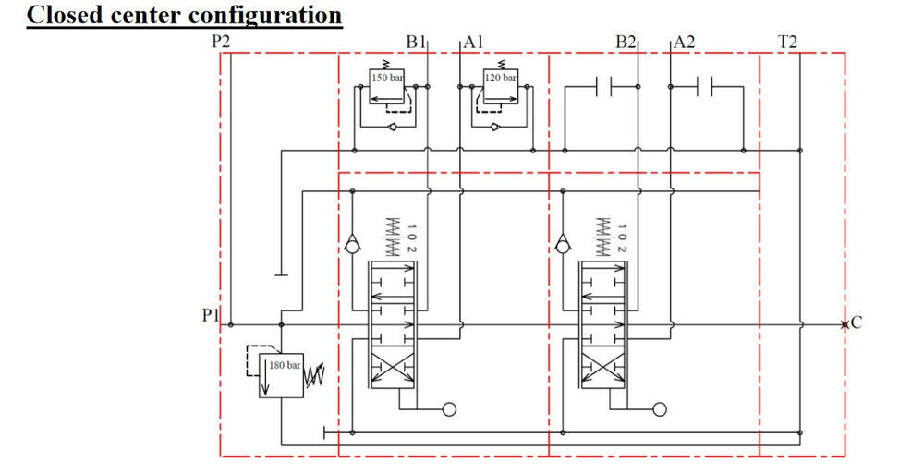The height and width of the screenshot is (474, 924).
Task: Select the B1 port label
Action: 415,43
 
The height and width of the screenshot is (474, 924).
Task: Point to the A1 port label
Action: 474,43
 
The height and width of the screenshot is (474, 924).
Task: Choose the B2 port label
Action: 626,43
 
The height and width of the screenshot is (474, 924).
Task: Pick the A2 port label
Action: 685,43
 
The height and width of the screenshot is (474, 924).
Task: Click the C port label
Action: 856,323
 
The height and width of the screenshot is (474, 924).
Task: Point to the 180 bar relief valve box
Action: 282,374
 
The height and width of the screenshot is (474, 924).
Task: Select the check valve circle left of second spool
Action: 562,247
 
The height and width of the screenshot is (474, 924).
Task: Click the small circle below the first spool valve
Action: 450,408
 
